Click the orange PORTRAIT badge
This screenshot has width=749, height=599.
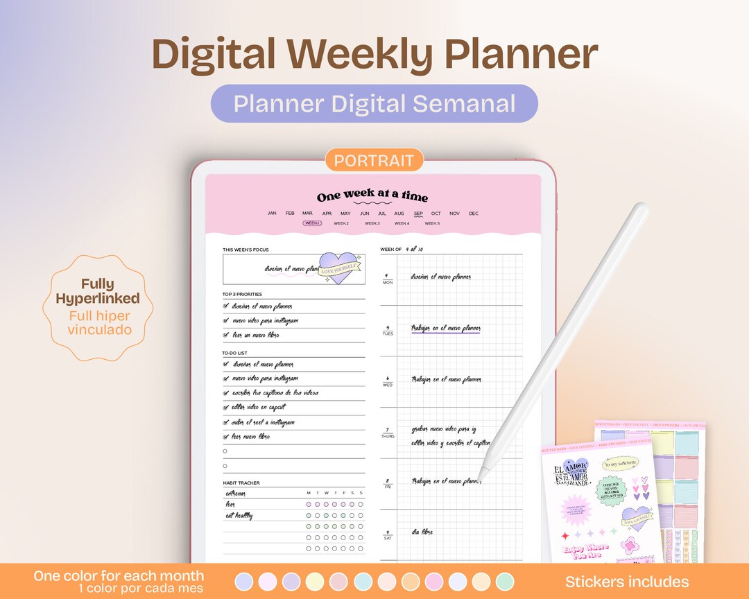pyautogui.click(x=374, y=161)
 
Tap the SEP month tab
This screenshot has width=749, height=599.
pyautogui.click(x=418, y=214)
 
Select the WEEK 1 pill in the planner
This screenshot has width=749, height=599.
pyautogui.click(x=312, y=223)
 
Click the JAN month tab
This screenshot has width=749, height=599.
pyautogui.click(x=272, y=214)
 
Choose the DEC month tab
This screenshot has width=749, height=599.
pyautogui.click(x=474, y=214)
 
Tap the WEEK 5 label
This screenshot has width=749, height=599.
pyautogui.click(x=432, y=223)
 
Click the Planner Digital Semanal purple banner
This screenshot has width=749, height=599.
pyautogui.click(x=374, y=103)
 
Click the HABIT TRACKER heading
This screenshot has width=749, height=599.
pyautogui.click(x=241, y=483)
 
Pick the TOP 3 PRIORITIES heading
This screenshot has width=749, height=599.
pyautogui.click(x=242, y=294)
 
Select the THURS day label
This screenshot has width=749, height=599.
pyautogui.click(x=388, y=436)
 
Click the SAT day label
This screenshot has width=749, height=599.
pyautogui.click(x=388, y=537)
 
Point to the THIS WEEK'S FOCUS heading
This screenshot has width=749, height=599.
pyautogui.click(x=246, y=250)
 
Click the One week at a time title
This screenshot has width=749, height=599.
pyautogui.click(x=372, y=197)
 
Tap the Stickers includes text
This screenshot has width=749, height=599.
pyautogui.click(x=627, y=582)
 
